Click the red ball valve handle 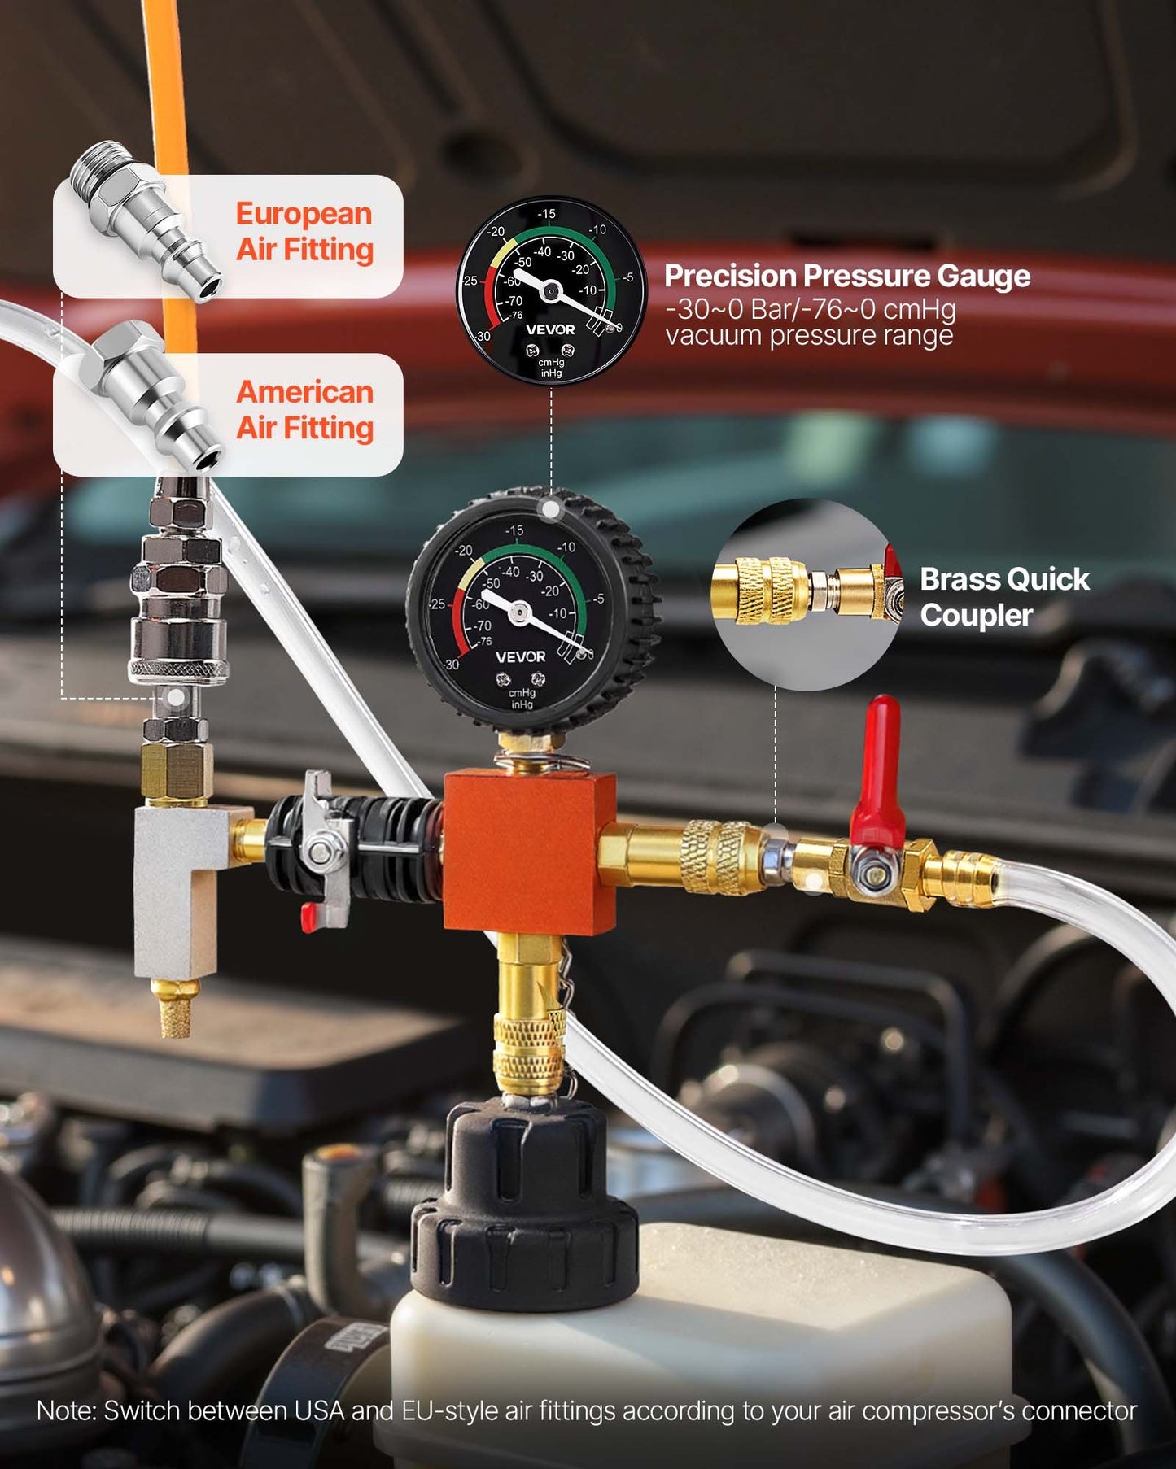879,773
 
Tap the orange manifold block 529,852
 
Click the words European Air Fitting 304,232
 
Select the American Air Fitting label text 304,410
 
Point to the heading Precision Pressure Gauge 847,277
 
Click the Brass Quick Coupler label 1004,597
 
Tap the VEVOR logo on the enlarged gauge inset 550,329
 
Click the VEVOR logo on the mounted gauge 520,656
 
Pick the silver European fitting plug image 145,220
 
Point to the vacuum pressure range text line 809,336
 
